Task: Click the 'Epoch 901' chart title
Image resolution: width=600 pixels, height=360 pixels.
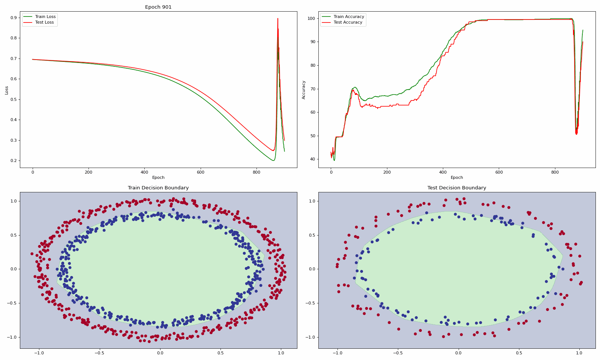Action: pyautogui.click(x=158, y=7)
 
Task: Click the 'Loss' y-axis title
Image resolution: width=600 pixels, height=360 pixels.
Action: pyautogui.click(x=7, y=90)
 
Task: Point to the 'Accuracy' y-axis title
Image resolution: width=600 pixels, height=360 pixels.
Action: pyautogui.click(x=303, y=90)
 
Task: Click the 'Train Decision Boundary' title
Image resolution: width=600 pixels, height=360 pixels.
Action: pyautogui.click(x=158, y=188)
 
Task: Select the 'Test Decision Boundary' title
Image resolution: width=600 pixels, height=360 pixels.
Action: pyautogui.click(x=457, y=188)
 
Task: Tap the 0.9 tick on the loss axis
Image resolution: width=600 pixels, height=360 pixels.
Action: pyautogui.click(x=13, y=18)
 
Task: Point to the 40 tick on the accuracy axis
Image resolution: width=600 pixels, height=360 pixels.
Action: pyautogui.click(x=313, y=159)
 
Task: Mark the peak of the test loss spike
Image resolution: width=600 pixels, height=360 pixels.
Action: pyautogui.click(x=278, y=18)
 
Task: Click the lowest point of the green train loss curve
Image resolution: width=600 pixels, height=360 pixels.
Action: pyautogui.click(x=273, y=160)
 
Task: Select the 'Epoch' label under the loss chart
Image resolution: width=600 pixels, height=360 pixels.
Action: pyautogui.click(x=158, y=177)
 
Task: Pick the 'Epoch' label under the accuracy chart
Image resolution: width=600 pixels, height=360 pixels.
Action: pyautogui.click(x=457, y=177)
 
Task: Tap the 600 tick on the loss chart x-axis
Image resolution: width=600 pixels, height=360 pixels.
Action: pyautogui.click(x=200, y=172)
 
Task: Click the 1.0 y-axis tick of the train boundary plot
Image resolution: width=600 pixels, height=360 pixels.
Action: pyautogui.click(x=13, y=201)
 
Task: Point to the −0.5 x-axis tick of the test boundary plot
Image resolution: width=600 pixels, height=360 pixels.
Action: pyautogui.click(x=398, y=353)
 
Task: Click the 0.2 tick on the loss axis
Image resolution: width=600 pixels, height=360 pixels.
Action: pyautogui.click(x=13, y=161)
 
